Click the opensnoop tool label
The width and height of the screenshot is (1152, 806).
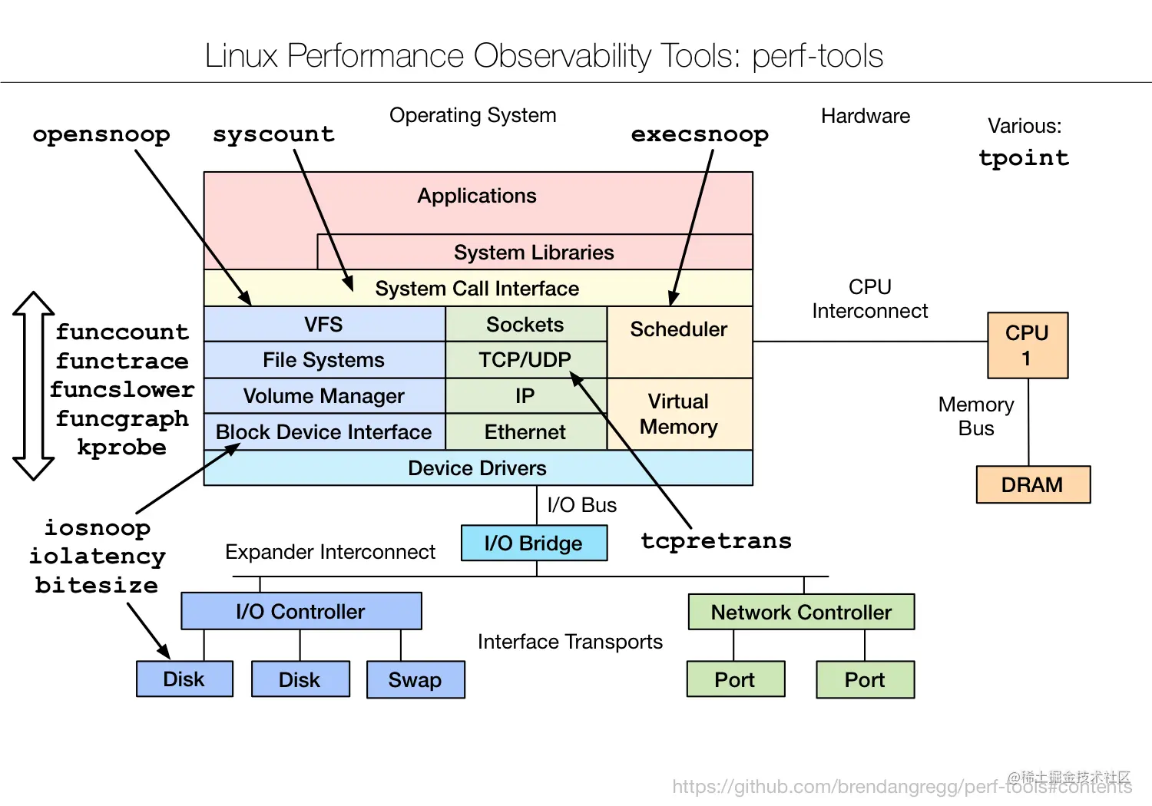pyautogui.click(x=101, y=134)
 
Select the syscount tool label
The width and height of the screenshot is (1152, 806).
pyautogui.click(x=273, y=134)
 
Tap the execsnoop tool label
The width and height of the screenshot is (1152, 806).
pyautogui.click(x=700, y=134)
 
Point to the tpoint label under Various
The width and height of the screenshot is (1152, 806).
pyautogui.click(x=1024, y=158)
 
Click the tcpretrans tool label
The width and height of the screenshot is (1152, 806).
pyautogui.click(x=716, y=541)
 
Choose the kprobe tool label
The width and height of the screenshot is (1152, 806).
pyautogui.click(x=121, y=448)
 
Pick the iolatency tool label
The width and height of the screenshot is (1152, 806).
pyautogui.click(x=98, y=557)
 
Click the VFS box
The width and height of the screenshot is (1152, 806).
pyautogui.click(x=324, y=325)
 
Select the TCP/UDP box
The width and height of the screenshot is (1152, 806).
pyautogui.click(x=525, y=360)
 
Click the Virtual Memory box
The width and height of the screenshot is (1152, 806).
pyautogui.click(x=679, y=415)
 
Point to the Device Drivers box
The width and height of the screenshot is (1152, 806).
pyautogui.click(x=478, y=468)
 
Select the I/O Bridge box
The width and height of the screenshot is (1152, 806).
pyautogui.click(x=534, y=543)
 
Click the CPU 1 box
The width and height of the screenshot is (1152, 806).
pyautogui.click(x=1027, y=345)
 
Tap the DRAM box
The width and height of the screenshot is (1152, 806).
pyautogui.click(x=1032, y=485)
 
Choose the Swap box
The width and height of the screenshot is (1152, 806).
pyautogui.click(x=415, y=680)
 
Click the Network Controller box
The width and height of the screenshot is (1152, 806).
pyautogui.click(x=801, y=613)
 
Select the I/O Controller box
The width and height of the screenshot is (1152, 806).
pyautogui.click(x=301, y=612)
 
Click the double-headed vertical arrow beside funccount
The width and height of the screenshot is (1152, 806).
pyautogui.click(x=33, y=386)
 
